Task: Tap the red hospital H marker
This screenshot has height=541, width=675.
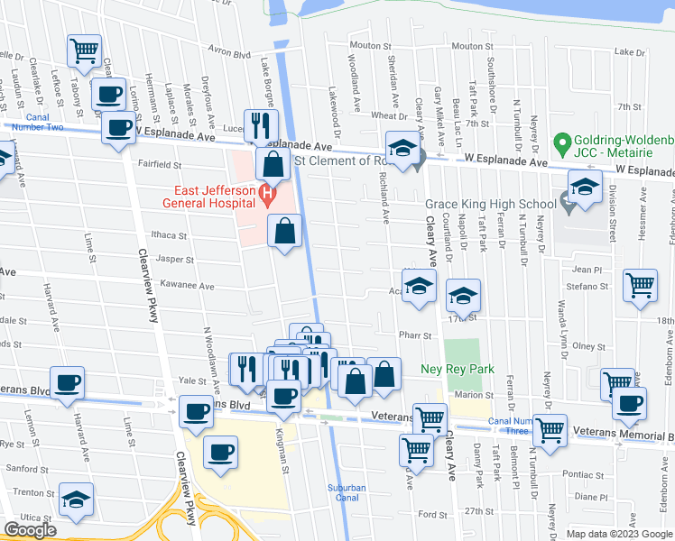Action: pyautogui.click(x=265, y=192)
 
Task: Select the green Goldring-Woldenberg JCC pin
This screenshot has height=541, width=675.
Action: pyautogui.click(x=560, y=142)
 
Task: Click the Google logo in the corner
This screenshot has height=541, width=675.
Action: pyautogui.click(x=30, y=530)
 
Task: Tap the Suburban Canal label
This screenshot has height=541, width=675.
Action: pyautogui.click(x=347, y=492)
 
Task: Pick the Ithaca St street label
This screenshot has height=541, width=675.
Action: pyautogui.click(x=169, y=235)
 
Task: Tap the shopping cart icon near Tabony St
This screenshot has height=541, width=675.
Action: pyautogui.click(x=84, y=50)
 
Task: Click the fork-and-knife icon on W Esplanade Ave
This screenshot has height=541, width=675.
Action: pyautogui.click(x=262, y=124)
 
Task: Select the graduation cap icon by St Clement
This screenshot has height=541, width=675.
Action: pyautogui.click(x=402, y=147)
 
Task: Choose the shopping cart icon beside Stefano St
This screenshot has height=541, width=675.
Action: pyautogui.click(x=640, y=285)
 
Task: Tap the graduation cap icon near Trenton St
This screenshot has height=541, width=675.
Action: pyautogui.click(x=76, y=498)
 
